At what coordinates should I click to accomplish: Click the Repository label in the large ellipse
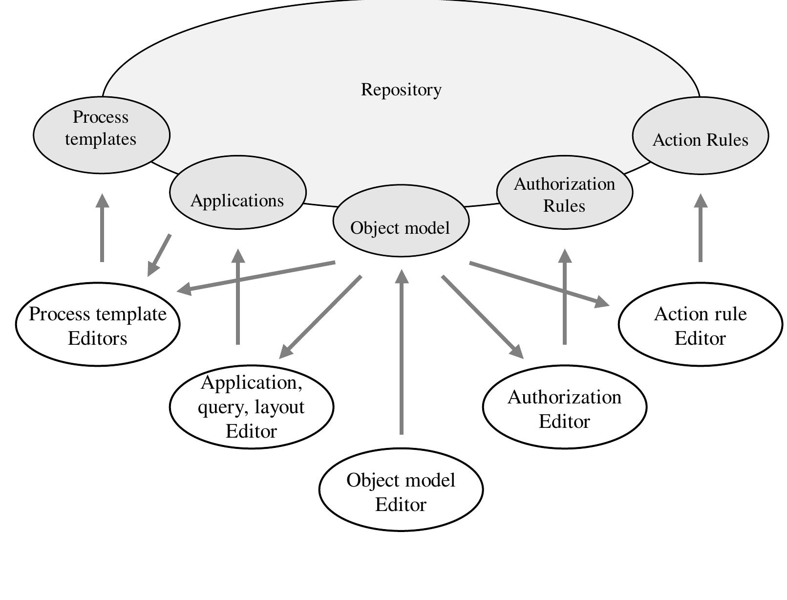(x=401, y=89)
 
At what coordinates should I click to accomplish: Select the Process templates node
(x=101, y=129)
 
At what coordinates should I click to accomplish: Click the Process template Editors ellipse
(x=98, y=325)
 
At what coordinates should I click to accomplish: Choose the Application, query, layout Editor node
(x=251, y=407)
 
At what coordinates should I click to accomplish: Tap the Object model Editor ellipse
(x=401, y=491)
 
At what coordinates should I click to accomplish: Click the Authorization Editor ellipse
(x=564, y=408)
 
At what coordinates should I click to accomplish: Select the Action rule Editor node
(x=700, y=325)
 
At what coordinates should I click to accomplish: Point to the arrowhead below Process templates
(x=102, y=200)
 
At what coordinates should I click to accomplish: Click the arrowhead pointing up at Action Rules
(x=701, y=200)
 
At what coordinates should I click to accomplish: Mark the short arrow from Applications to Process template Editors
(x=160, y=254)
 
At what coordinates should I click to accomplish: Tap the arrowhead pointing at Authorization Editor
(x=517, y=352)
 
